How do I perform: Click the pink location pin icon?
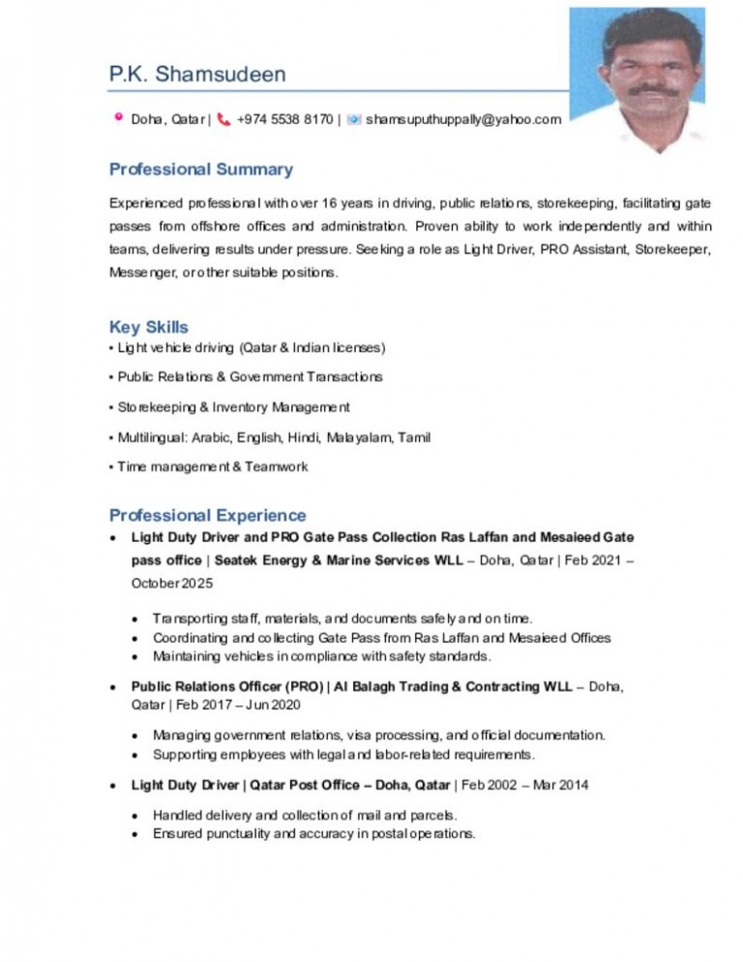pos(118,119)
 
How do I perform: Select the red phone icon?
pos(224,119)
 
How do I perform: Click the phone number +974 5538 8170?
pos(284,120)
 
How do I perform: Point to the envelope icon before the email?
pos(354,119)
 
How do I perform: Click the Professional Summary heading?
pos(200,169)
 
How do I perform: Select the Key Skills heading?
pos(148,327)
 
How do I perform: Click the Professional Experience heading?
pos(207,515)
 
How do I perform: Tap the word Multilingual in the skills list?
pos(151,437)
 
